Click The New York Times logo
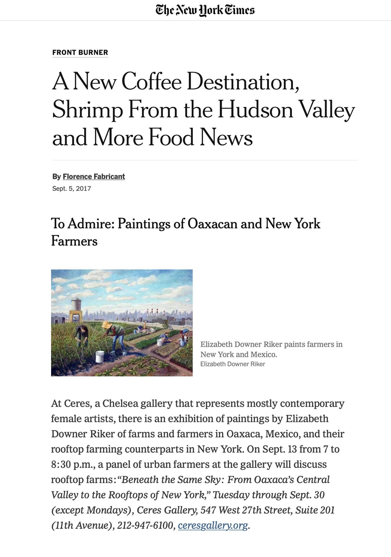click(205, 10)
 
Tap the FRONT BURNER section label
click(80, 53)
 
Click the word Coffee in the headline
click(151, 82)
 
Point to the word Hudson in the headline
click(255, 110)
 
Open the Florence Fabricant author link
click(94, 177)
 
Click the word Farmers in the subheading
click(74, 241)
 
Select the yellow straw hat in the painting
click(107, 324)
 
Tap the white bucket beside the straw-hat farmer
click(100, 356)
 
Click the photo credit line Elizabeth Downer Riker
click(233, 364)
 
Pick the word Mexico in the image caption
click(263, 354)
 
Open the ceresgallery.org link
click(213, 525)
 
